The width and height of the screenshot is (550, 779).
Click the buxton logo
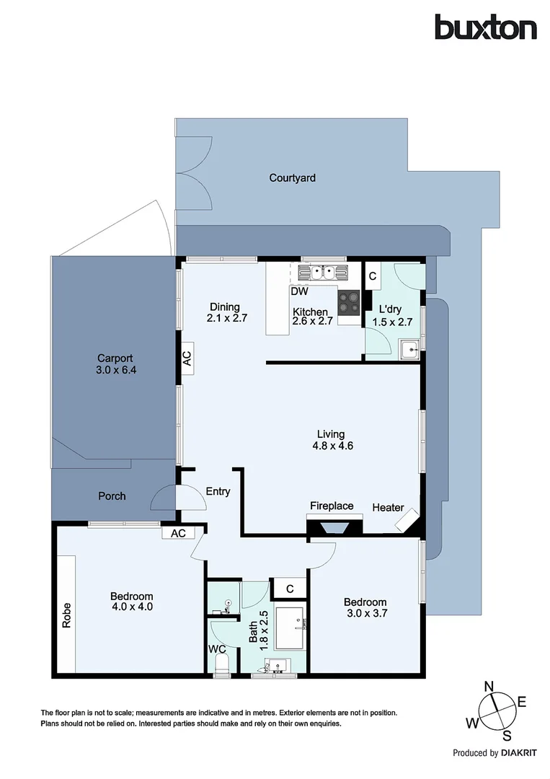(x=485, y=28)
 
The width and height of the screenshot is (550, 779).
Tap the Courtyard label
(x=292, y=177)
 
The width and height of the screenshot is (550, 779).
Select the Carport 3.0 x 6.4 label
(x=116, y=364)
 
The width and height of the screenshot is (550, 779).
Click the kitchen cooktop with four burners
(x=350, y=302)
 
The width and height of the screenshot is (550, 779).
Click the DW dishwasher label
(x=300, y=292)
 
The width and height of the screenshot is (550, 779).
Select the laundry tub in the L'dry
(x=410, y=350)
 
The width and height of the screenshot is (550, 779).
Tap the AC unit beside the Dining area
(x=187, y=358)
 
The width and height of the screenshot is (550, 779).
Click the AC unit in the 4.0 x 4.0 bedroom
(x=178, y=533)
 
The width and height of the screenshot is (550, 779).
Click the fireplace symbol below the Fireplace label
(x=332, y=529)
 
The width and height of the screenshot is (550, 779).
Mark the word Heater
(x=388, y=508)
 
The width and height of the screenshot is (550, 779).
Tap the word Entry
(x=218, y=492)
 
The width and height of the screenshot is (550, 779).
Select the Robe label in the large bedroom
(x=66, y=615)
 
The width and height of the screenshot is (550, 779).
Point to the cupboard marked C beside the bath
(x=289, y=589)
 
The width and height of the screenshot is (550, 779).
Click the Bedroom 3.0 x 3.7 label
(x=365, y=608)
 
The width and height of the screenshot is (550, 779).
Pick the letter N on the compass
(x=488, y=686)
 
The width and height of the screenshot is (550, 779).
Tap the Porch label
(x=112, y=496)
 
